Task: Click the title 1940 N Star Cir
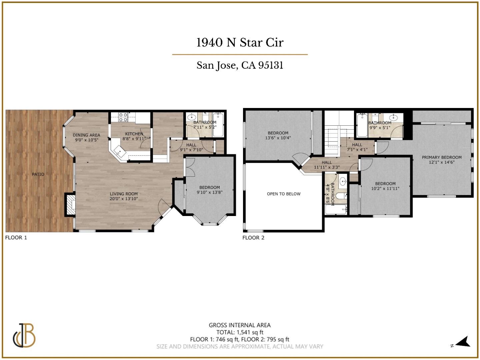pyautogui.click(x=240, y=42)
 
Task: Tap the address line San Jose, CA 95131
pyautogui.click(x=240, y=65)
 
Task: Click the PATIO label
pyautogui.click(x=38, y=174)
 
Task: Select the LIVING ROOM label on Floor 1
pyautogui.click(x=124, y=194)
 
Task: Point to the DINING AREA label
pyautogui.click(x=86, y=135)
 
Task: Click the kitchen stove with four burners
pyautogui.click(x=123, y=117)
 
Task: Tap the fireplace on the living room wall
pyautogui.click(x=70, y=204)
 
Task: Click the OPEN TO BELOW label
pyautogui.click(x=284, y=194)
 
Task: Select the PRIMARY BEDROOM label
pyautogui.click(x=442, y=157)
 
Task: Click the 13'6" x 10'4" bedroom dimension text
pyautogui.click(x=278, y=138)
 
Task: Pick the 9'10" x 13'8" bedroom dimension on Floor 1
pyautogui.click(x=209, y=192)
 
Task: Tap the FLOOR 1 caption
pyautogui.click(x=16, y=238)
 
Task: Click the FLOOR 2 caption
pyautogui.click(x=253, y=238)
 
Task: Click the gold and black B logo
pyautogui.click(x=24, y=335)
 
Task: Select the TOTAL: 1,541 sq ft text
pyautogui.click(x=240, y=332)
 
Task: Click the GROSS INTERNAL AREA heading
pyautogui.click(x=240, y=325)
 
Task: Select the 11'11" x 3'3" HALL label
pyautogui.click(x=327, y=165)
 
